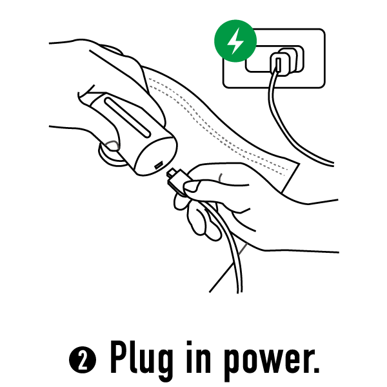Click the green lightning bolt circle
[x=235, y=41]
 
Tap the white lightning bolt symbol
[x=235, y=41]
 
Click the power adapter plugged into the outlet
[x=286, y=62]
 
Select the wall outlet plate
[x=274, y=58]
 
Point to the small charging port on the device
[x=159, y=165]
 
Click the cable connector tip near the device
[x=172, y=172]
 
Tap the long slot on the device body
[x=128, y=117]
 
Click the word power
[x=265, y=361]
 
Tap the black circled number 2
[x=83, y=360]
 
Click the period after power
[x=316, y=369]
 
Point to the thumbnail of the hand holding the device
[x=113, y=146]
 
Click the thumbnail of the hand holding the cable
[x=190, y=186]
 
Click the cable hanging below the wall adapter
[x=286, y=128]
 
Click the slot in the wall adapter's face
[x=278, y=64]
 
